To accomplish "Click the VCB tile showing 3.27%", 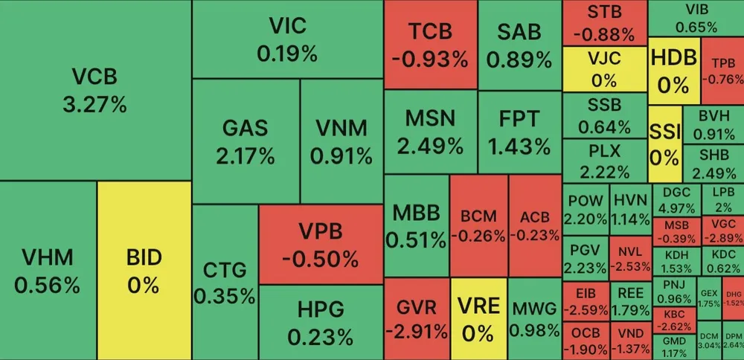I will (94, 89).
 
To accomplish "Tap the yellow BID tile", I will (144, 271).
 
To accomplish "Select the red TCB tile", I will (431, 45).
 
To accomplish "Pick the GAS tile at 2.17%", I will (245, 141).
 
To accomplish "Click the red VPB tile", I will (320, 244).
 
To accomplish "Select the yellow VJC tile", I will (604, 68).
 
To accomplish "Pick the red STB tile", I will (604, 22).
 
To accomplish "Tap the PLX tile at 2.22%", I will (604, 160).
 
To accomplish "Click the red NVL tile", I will (629, 257).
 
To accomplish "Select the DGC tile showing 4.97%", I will (676, 199).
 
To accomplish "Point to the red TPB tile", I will (722, 71).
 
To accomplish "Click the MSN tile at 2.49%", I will (429, 132).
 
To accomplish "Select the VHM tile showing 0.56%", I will (48, 271).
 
